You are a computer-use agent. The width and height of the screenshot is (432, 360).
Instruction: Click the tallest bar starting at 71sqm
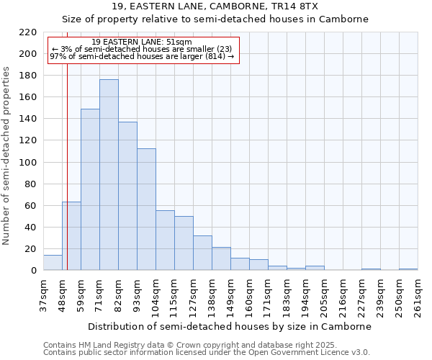tap(109, 175)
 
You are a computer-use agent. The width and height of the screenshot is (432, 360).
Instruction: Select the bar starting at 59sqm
tap(90, 189)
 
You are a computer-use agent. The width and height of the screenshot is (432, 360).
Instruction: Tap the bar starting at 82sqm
tap(127, 196)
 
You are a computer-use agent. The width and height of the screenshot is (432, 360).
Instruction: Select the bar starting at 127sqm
tap(202, 253)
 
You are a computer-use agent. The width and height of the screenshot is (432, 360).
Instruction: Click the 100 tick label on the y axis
tap(29, 163)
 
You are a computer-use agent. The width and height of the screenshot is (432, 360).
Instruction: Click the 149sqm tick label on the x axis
tap(230, 296)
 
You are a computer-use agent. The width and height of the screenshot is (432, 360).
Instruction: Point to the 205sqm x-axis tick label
tap(324, 296)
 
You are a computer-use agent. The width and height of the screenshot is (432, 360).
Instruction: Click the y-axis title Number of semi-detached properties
tap(7, 156)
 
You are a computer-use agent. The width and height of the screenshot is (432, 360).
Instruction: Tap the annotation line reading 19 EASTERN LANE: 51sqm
tap(142, 42)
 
